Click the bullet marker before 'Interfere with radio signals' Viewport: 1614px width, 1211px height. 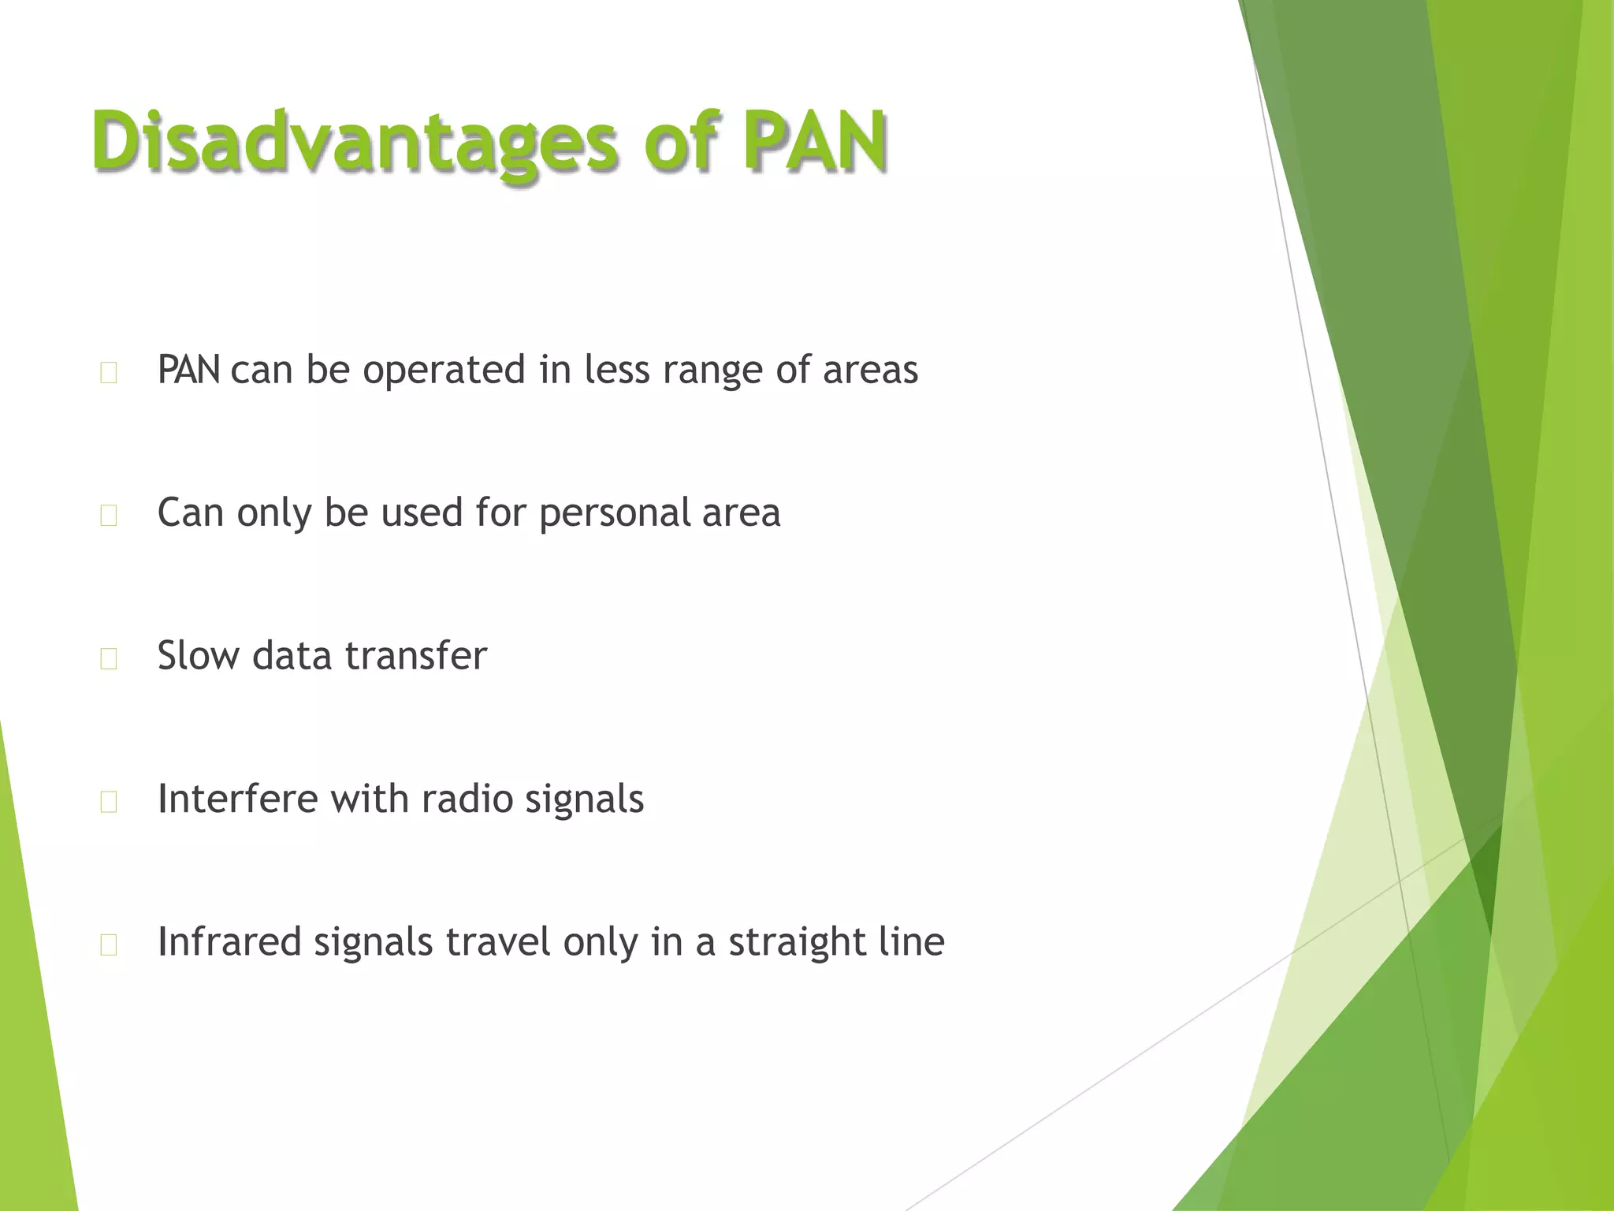109,802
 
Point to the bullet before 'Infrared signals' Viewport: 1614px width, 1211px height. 109,945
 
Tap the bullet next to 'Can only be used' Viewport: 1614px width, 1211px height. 109,516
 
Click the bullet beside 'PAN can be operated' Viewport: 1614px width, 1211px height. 109,373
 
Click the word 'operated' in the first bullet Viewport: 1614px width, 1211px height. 444,371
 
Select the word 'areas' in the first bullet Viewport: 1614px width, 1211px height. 870,371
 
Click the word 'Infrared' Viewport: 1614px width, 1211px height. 229,942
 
